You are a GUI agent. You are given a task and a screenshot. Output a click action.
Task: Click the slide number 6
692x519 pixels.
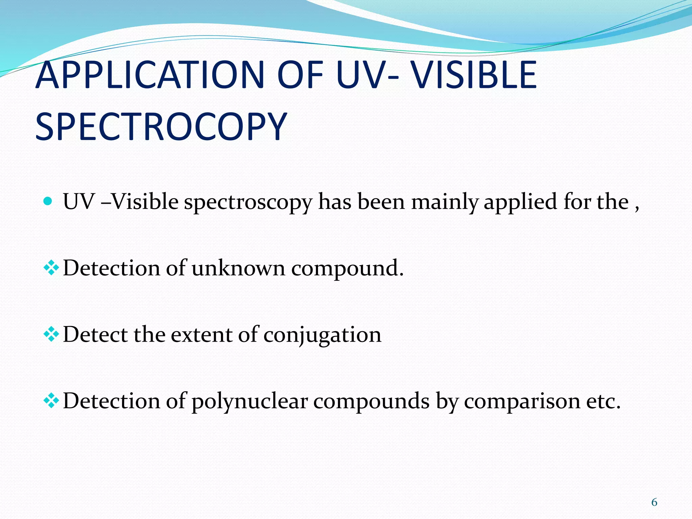coord(654,502)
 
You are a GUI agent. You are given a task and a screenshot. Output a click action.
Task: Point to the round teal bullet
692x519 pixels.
coord(48,201)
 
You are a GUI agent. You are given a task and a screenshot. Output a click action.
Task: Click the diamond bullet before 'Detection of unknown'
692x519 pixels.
coord(51,268)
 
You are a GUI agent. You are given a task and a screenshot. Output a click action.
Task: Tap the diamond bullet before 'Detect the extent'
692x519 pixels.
coord(51,335)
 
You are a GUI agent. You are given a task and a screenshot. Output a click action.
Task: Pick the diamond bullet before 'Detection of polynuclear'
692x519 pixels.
coord(51,401)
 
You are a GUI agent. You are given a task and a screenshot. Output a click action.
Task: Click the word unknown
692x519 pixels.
coord(238,268)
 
